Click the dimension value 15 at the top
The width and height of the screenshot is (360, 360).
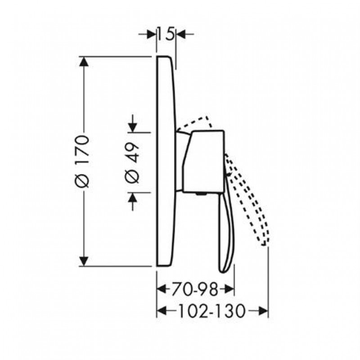click(166, 35)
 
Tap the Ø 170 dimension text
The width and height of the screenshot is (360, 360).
click(82, 162)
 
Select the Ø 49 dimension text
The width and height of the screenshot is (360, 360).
click(132, 163)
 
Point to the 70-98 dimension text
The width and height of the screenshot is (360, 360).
click(194, 289)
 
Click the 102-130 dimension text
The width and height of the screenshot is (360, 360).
click(211, 311)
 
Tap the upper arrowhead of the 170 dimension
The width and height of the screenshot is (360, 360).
click(84, 62)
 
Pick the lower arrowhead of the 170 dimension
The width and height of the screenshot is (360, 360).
click(84, 261)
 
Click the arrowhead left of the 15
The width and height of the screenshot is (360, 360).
click(152, 35)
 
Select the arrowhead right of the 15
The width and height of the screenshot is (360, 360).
click(180, 35)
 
